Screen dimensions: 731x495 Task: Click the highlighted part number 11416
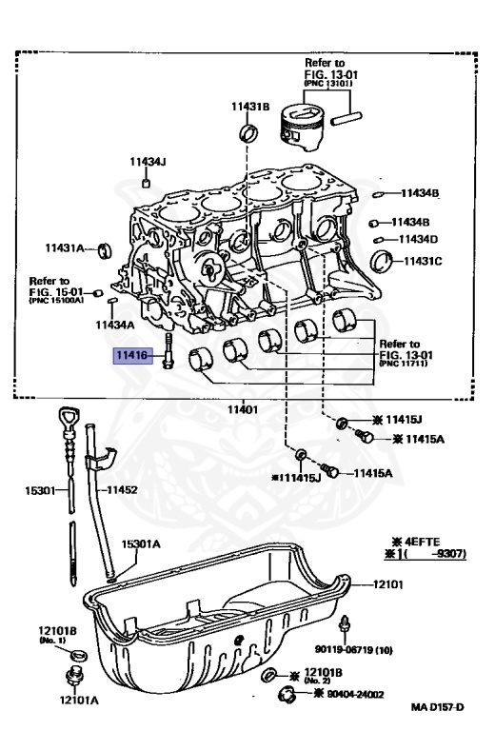[x=131, y=356]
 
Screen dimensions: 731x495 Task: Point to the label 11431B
[x=250, y=107]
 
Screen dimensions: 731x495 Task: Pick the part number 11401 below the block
[x=242, y=409]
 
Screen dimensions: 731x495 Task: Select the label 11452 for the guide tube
[x=122, y=490]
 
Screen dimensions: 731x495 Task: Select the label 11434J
[x=148, y=162]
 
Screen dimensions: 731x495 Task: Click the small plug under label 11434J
[x=146, y=182]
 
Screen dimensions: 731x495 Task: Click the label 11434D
[x=419, y=239]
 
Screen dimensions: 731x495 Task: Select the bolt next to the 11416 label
[x=168, y=355]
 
